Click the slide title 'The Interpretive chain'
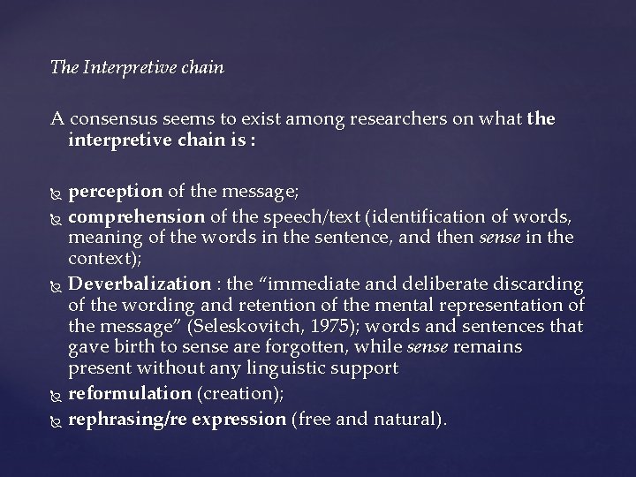point(138,67)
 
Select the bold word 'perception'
point(115,192)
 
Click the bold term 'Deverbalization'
point(138,284)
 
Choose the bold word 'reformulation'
point(130,393)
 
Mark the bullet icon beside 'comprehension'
point(57,216)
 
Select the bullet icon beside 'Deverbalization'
point(57,285)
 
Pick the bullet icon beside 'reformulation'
point(57,394)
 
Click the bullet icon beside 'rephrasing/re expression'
point(57,419)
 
